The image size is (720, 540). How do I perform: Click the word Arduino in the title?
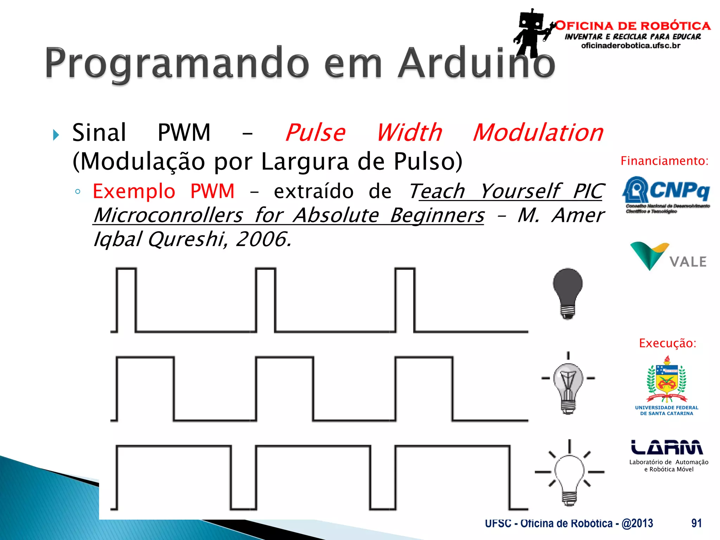tap(476, 63)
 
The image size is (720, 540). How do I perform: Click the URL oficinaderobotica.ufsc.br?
tap(631, 46)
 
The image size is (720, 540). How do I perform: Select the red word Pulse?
tap(315, 133)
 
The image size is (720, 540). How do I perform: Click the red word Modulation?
tap(538, 133)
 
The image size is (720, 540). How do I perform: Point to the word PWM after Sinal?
tap(184, 133)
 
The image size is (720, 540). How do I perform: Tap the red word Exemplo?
tap(134, 192)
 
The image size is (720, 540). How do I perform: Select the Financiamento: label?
tap(664, 161)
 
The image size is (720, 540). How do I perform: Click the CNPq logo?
tap(666, 193)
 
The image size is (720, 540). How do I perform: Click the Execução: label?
tap(667, 343)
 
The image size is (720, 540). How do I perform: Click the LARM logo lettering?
tap(667, 447)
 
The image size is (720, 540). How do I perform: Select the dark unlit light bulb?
tap(567, 292)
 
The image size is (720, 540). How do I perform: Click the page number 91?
tap(696, 523)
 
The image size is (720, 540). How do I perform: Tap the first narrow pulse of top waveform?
tap(126, 299)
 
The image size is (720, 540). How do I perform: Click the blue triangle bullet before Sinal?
tap(56, 135)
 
